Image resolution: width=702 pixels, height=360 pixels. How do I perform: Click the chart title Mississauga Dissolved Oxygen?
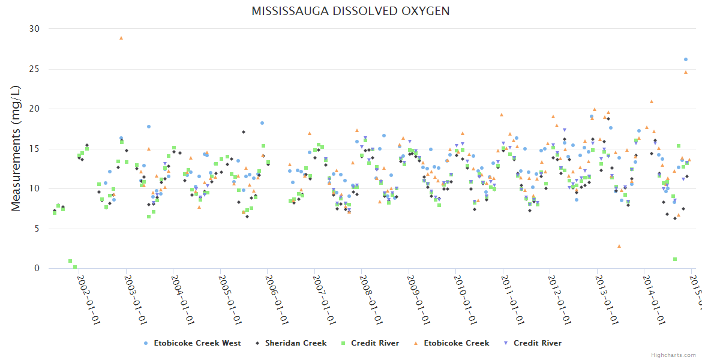tap(350, 11)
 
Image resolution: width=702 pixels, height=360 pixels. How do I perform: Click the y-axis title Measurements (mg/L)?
tap(16, 148)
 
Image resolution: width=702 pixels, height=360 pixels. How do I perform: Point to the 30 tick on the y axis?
tap(34, 29)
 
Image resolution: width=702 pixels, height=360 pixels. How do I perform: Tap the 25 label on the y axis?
tap(34, 69)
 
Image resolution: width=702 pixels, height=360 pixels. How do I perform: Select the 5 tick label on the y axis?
tap(37, 229)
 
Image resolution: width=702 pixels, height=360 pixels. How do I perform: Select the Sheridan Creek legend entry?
tap(295, 343)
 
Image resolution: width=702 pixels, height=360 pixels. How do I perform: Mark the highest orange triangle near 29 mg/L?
tap(121, 38)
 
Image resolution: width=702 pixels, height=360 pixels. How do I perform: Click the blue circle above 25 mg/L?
tap(686, 59)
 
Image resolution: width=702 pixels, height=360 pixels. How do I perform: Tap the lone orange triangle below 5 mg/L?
tap(619, 246)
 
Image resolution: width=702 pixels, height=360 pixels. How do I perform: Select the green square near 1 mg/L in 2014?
tap(675, 259)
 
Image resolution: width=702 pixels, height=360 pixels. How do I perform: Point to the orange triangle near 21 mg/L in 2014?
tap(652, 101)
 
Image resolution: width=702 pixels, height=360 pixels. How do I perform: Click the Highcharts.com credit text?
tap(673, 355)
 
